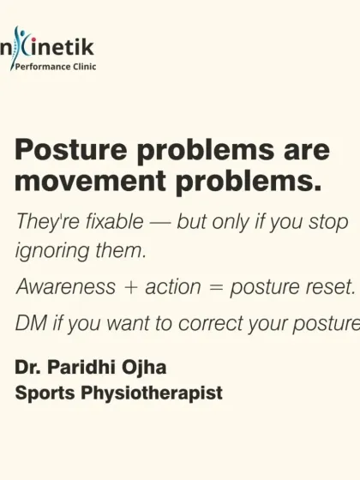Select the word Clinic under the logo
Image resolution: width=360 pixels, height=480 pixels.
coord(78,66)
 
